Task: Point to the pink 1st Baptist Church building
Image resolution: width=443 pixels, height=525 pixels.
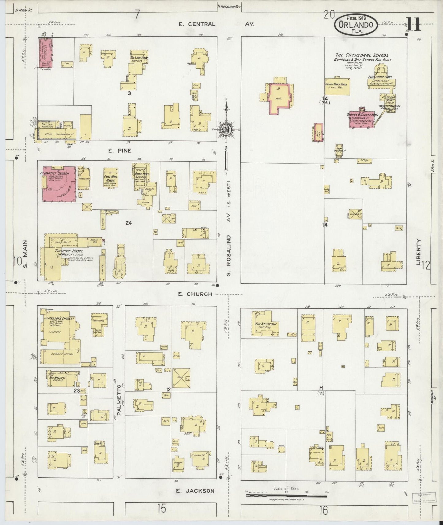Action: coord(58,184)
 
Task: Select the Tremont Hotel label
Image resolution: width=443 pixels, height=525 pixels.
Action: coord(64,251)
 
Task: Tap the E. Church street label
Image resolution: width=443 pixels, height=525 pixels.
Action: coord(195,294)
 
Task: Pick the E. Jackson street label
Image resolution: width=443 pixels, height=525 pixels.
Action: coord(195,491)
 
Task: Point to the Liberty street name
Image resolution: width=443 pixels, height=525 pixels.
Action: coord(419,252)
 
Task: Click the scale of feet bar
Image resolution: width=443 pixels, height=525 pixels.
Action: coord(287,495)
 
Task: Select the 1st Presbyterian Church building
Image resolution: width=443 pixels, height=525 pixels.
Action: coord(60,331)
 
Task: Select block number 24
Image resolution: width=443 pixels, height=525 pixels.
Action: coord(128,223)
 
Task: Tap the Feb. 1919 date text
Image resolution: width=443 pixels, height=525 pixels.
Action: coord(356,17)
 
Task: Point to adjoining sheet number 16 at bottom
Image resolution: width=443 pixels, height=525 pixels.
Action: coord(323,510)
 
